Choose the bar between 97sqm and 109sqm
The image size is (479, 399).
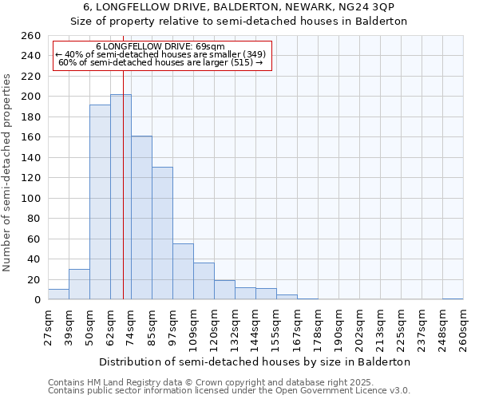pos(183,271)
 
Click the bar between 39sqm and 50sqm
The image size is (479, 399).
pos(79,284)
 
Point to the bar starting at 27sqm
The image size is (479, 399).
pos(58,294)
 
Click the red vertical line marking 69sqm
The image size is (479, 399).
pos(124,184)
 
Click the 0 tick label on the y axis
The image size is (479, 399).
pos(37,300)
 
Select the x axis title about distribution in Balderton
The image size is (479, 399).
pos(255,361)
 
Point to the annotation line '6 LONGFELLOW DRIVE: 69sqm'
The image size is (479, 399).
pos(162,46)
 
